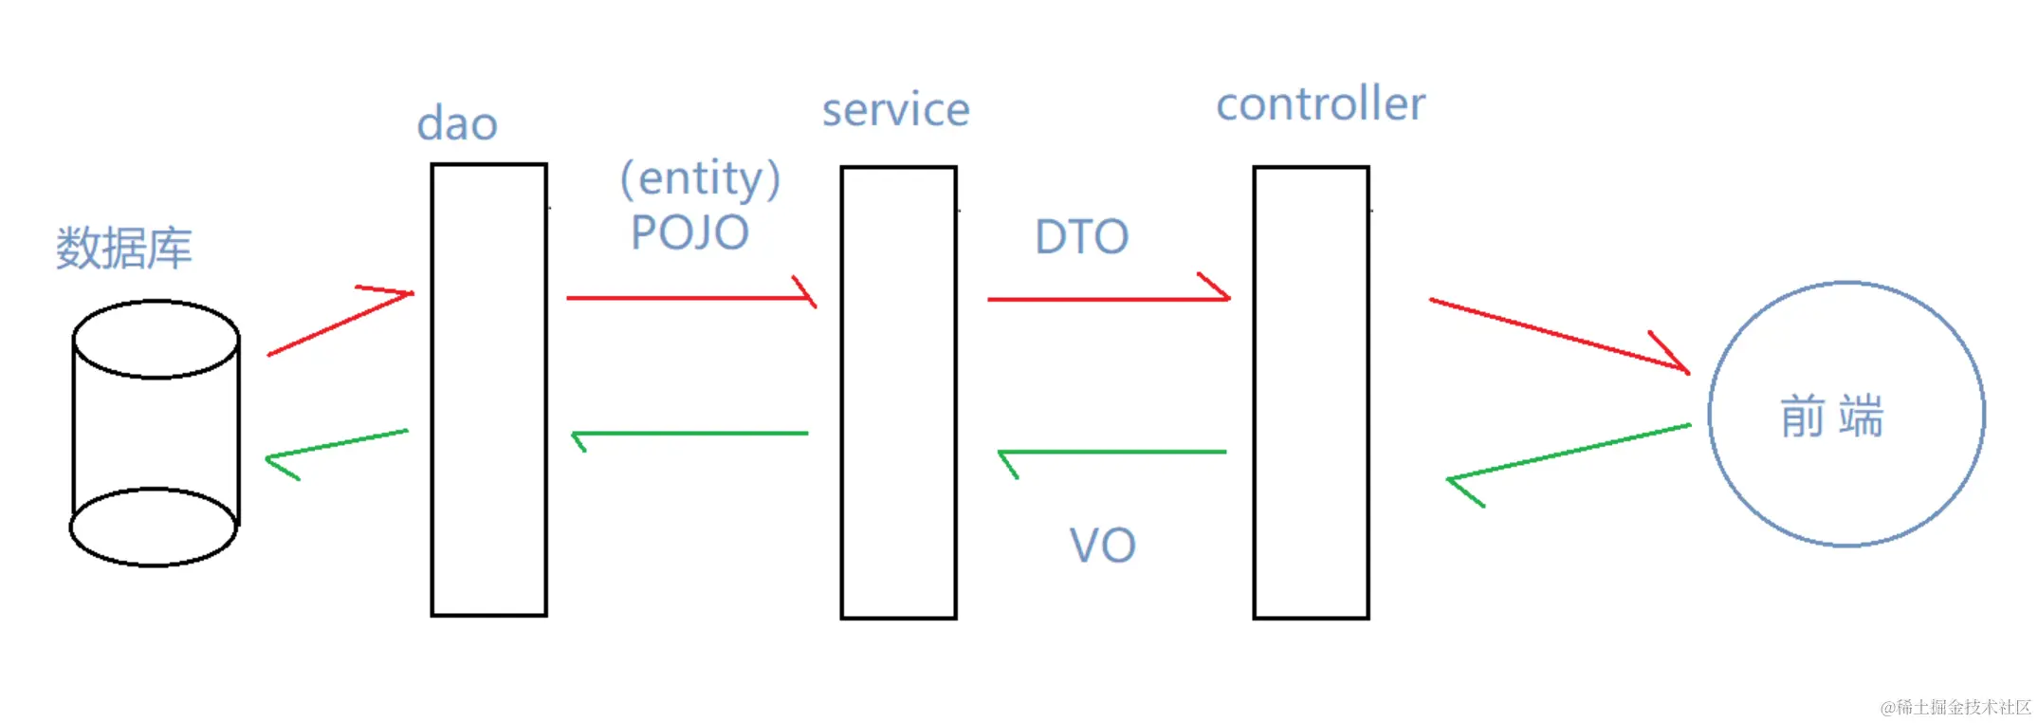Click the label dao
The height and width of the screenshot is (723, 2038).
[457, 124]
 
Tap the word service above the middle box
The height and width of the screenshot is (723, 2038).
[895, 110]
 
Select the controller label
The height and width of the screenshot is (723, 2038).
[1320, 103]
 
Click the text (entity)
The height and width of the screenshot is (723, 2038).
[700, 178]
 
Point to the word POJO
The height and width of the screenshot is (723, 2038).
[689, 232]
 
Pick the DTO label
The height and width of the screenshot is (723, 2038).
[1081, 236]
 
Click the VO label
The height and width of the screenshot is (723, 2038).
[1102, 546]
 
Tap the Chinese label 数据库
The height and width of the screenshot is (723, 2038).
[123, 249]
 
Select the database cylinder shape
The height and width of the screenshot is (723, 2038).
[156, 434]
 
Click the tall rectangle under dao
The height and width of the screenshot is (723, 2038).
[488, 390]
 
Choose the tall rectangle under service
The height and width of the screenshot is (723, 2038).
[898, 392]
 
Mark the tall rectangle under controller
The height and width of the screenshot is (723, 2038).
[1311, 392]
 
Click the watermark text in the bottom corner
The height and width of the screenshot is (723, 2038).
[1955, 707]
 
